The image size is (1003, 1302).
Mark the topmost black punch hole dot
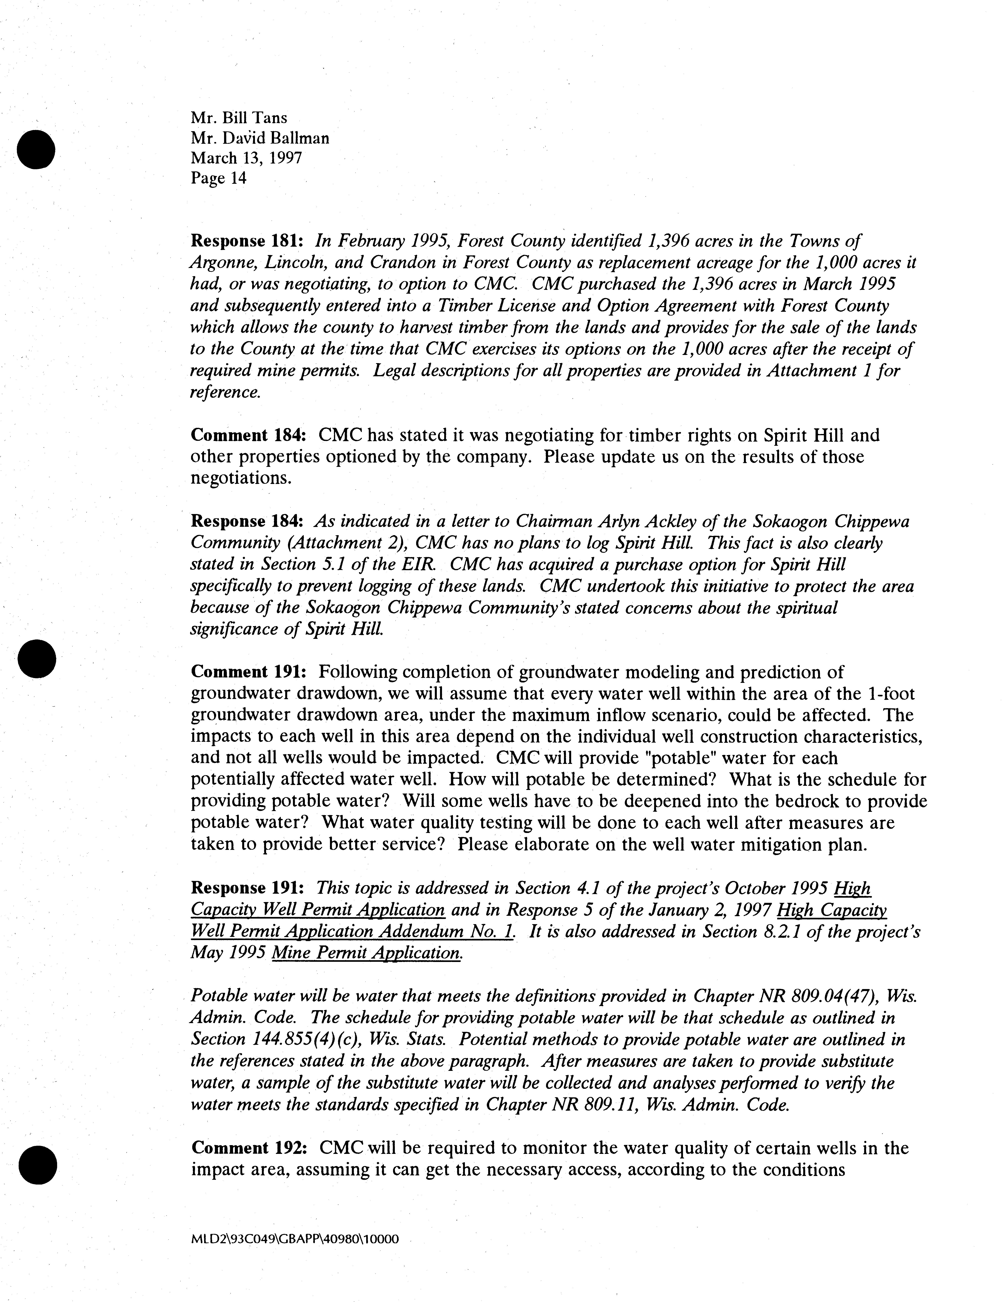tap(36, 149)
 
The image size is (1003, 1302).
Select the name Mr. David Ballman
tap(260, 138)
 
